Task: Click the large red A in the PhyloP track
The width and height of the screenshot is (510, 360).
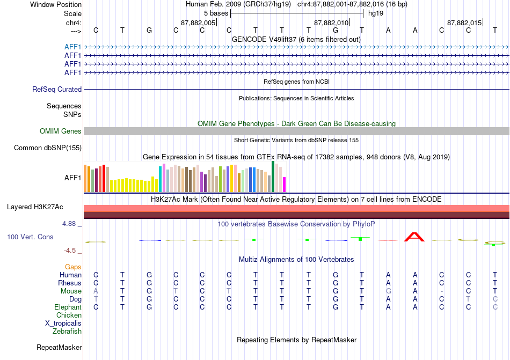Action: (414, 237)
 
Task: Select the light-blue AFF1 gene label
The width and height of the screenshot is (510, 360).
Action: (72, 47)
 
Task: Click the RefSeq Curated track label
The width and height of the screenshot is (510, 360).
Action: (57, 90)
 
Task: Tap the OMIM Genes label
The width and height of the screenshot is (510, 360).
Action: (61, 131)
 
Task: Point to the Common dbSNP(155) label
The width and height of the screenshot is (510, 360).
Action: (48, 148)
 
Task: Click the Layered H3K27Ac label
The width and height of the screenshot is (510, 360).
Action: (35, 207)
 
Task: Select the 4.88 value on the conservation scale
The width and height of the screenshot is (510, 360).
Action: (69, 224)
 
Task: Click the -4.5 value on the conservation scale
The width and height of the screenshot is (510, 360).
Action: (70, 250)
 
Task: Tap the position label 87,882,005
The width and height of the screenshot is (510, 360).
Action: (198, 23)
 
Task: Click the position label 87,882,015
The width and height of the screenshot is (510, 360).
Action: (464, 23)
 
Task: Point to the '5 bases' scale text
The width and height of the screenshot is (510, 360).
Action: (216, 13)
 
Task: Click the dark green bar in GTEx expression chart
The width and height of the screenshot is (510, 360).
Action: (273, 177)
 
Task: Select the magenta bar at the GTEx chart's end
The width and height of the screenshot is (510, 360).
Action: (284, 185)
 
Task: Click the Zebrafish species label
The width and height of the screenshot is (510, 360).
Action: (67, 332)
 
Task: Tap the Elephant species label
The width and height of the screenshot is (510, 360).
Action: (68, 307)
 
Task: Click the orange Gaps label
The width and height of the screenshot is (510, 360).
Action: (73, 267)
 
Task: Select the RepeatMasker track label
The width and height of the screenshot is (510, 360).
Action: (59, 347)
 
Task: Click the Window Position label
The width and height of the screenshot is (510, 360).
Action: (56, 4)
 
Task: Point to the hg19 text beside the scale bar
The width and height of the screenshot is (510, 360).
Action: (376, 13)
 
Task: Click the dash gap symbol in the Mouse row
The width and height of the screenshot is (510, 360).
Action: (441, 291)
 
